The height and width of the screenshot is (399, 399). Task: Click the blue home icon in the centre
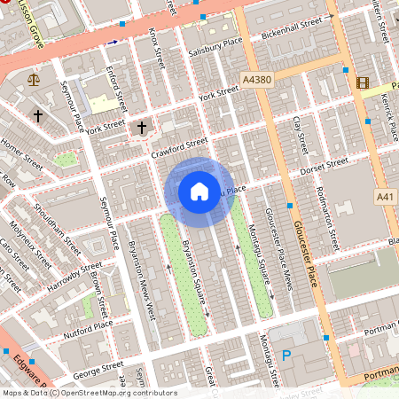[199, 192]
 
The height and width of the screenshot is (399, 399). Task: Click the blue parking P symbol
[286, 356]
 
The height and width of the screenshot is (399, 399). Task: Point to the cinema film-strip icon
[362, 83]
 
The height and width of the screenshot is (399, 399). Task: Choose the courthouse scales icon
[35, 78]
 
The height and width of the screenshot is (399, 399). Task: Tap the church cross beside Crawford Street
[141, 129]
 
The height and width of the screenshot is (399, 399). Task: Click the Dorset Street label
[325, 165]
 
